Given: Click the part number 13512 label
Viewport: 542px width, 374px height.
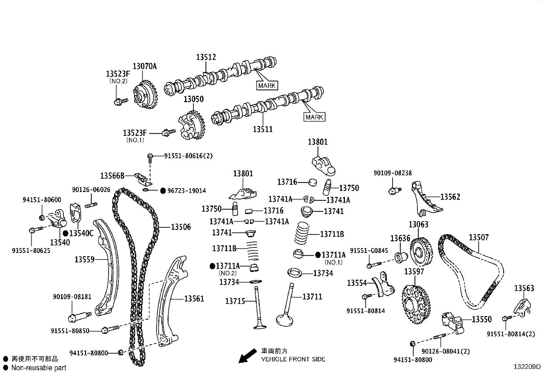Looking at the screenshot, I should pyautogui.click(x=206, y=57).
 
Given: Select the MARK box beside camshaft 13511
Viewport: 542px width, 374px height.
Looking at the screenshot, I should pyautogui.click(x=314, y=117).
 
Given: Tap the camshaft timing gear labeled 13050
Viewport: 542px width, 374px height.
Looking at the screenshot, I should pyautogui.click(x=191, y=126).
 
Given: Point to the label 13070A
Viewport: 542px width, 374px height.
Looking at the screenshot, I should pyautogui.click(x=145, y=66).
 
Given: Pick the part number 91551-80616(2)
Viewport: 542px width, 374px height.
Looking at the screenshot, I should pyautogui.click(x=188, y=156).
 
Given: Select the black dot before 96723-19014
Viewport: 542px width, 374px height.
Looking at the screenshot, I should pyautogui.click(x=163, y=191).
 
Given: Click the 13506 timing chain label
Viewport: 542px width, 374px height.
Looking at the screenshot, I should pyautogui.click(x=181, y=227).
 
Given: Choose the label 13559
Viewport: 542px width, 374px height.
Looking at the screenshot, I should pyautogui.click(x=84, y=260).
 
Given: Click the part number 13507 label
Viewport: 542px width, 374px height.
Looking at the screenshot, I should pyautogui.click(x=479, y=238).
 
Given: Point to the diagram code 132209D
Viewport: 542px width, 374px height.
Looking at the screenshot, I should pyautogui.click(x=527, y=367).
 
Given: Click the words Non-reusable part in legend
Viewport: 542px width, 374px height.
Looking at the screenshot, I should pyautogui.click(x=39, y=368).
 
